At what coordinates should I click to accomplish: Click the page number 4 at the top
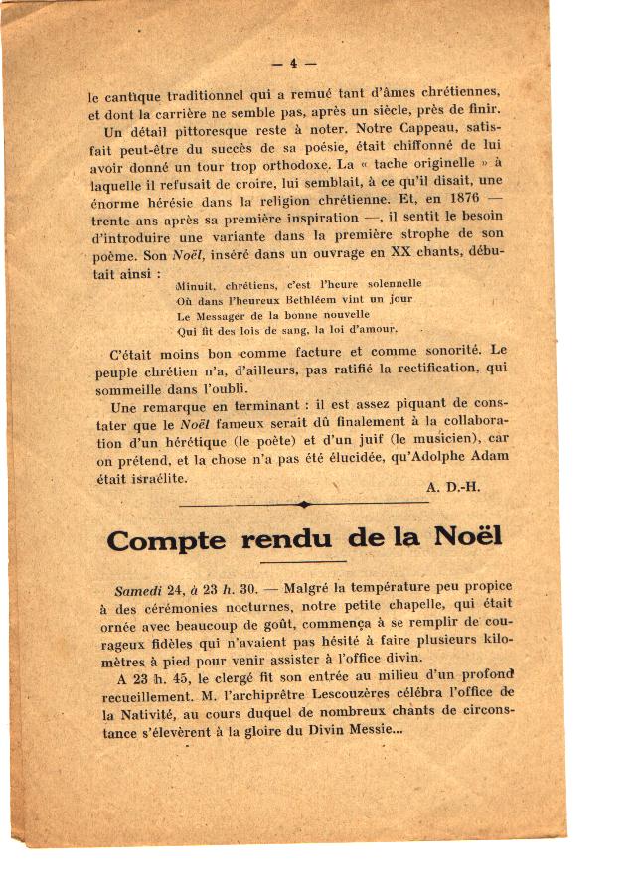293,63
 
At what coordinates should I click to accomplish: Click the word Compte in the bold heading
168,540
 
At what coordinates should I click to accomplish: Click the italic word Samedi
138,588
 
